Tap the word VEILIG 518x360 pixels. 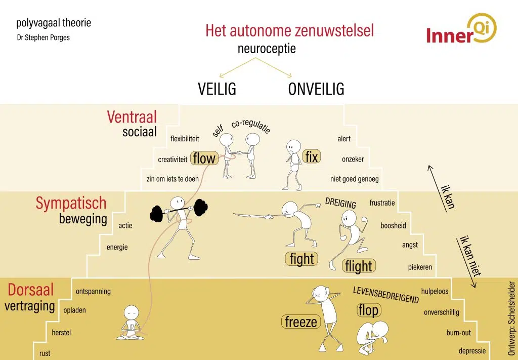coord(217,89)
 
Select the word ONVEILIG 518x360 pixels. coord(316,89)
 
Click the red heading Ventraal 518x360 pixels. coord(132,117)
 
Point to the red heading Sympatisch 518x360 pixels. coord(71,203)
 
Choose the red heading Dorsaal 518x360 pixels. coord(31,290)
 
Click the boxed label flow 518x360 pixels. coord(204,158)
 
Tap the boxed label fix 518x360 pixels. coord(312,157)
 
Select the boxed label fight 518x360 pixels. coord(302,259)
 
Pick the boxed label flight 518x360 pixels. coord(358,266)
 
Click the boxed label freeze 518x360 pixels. coord(300,322)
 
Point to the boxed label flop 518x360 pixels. coord(368,310)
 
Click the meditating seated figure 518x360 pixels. coord(131,325)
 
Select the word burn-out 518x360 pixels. coord(458,333)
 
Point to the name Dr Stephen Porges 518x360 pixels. coord(43,37)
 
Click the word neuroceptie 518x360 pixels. coord(267,50)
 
